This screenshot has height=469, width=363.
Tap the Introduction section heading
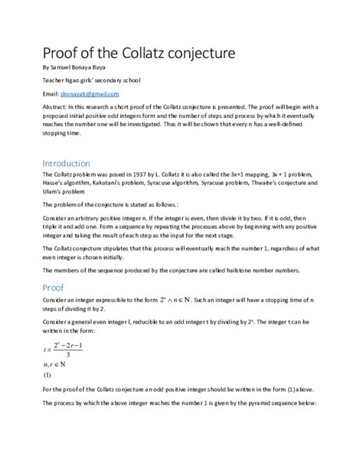click(66, 164)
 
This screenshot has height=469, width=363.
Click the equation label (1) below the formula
click(47, 376)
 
